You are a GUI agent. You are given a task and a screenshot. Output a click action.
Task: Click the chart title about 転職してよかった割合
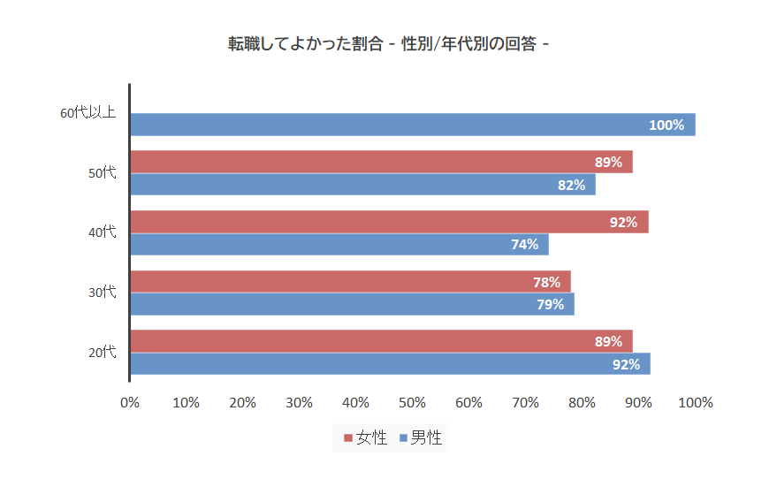pyautogui.click(x=388, y=43)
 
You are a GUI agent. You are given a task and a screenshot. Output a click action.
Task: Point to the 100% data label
pyautogui.click(x=667, y=125)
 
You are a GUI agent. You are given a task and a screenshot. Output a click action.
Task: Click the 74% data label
pyautogui.click(x=524, y=245)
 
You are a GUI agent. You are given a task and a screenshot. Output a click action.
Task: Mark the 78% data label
pyautogui.click(x=546, y=283)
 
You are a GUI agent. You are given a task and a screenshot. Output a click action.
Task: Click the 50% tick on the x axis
pyautogui.click(x=412, y=403)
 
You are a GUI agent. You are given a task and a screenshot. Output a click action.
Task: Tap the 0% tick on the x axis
pyautogui.click(x=130, y=403)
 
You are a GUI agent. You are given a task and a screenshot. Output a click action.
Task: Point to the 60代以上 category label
pyautogui.click(x=88, y=113)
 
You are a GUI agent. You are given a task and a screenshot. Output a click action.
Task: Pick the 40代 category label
pyautogui.click(x=102, y=232)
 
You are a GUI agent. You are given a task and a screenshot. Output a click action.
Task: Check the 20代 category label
pyautogui.click(x=102, y=352)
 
